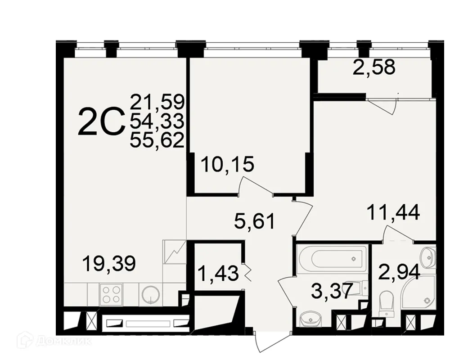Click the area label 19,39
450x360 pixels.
(x=109, y=263)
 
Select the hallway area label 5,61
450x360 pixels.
(x=255, y=220)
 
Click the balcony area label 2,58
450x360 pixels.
(x=374, y=67)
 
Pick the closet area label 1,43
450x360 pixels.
(x=218, y=273)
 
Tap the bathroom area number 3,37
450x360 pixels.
(x=331, y=291)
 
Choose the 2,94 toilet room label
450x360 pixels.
(x=400, y=272)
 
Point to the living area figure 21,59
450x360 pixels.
(x=157, y=102)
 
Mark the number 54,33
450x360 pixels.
(x=157, y=121)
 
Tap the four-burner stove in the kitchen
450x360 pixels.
(x=111, y=295)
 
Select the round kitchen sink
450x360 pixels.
(x=150, y=295)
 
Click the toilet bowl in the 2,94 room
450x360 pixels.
(x=387, y=302)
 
